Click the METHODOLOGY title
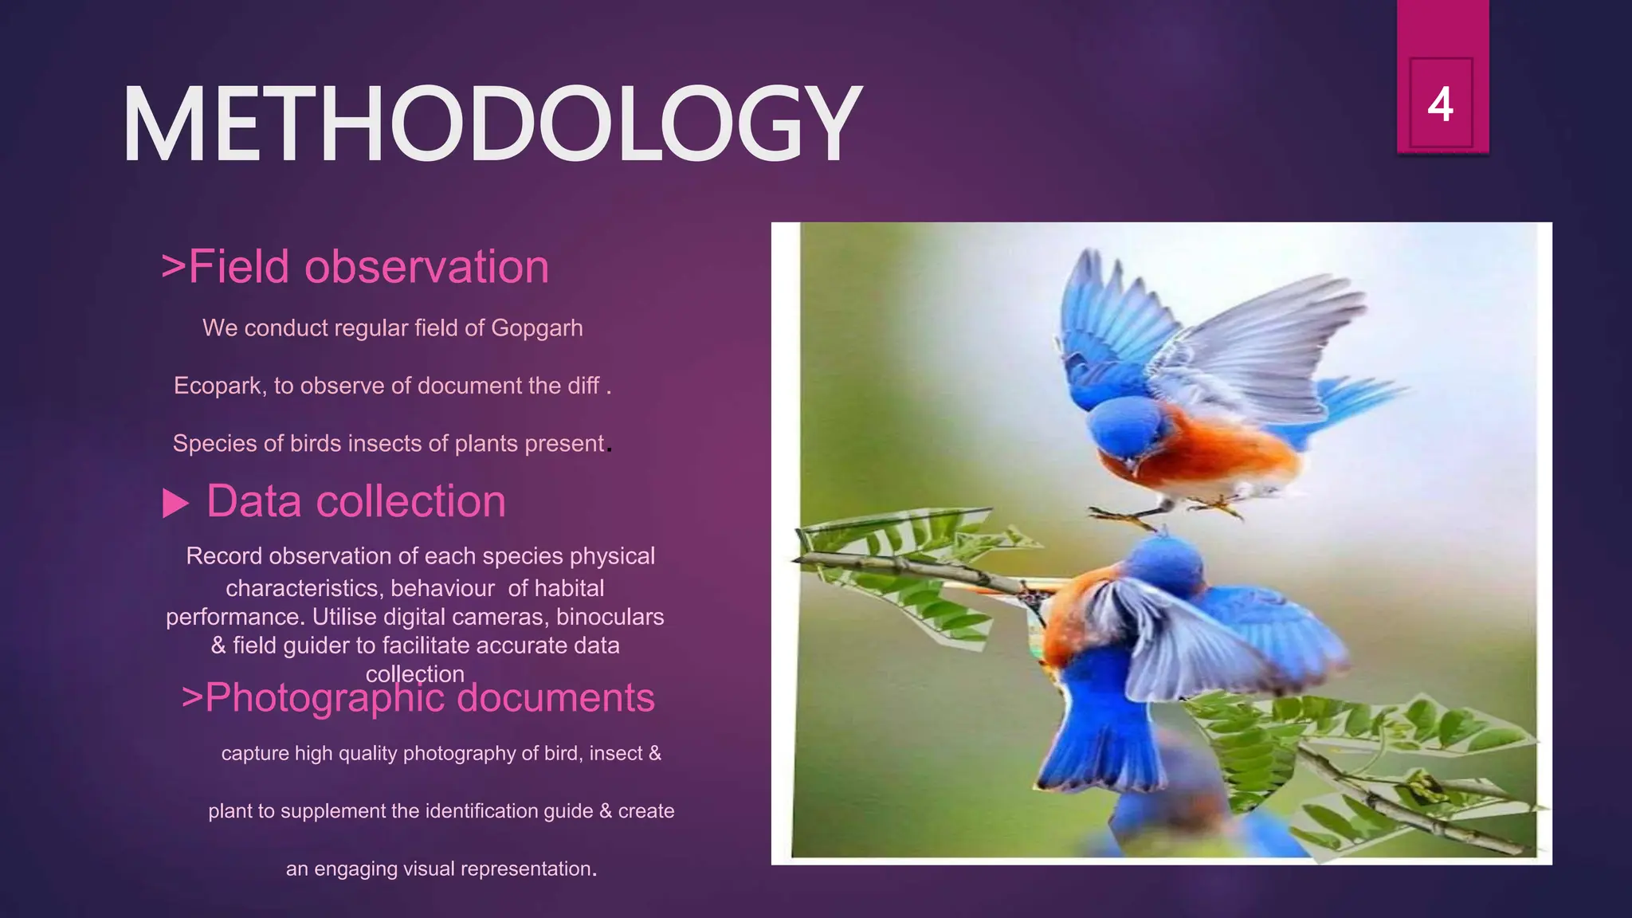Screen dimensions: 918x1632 coord(492,124)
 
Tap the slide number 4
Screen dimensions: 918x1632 coord(1440,104)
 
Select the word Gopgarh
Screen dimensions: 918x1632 coord(536,328)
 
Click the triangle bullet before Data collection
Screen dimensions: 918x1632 coord(175,503)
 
